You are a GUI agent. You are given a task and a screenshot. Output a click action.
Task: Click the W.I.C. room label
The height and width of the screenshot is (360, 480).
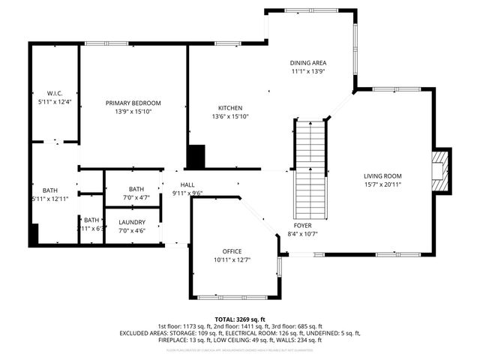tap(54, 92)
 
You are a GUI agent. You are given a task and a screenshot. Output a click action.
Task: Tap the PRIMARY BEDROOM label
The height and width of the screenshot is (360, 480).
tap(133, 103)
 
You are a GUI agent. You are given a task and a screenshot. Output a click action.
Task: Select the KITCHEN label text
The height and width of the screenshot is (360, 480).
tap(229, 107)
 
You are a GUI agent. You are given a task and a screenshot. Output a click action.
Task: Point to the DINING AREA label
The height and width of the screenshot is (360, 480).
tap(308, 63)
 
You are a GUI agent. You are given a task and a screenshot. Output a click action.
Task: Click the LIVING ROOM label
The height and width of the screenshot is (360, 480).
tap(382, 176)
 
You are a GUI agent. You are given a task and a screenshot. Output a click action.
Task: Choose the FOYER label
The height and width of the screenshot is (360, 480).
tap(303, 225)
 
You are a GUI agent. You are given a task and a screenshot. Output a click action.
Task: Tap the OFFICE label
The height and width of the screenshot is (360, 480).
tap(232, 250)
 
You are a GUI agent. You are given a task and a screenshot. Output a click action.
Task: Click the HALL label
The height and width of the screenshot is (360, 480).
tap(187, 184)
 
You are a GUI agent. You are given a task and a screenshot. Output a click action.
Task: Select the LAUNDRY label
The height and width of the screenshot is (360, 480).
tap(131, 222)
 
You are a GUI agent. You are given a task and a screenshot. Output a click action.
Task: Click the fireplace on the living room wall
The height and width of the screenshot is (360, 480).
tap(440, 170)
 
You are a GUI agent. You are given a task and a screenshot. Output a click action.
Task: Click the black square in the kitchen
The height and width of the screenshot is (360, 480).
tap(196, 157)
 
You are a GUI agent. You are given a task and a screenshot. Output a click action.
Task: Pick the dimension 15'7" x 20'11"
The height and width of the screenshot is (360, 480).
tap(382, 184)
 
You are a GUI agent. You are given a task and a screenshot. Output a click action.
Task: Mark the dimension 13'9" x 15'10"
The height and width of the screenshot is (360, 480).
tap(133, 112)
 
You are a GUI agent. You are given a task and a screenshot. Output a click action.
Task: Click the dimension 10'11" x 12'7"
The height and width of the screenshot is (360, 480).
tap(232, 259)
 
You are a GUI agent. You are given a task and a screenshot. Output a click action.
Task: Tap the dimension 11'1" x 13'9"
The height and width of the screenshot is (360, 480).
tap(308, 72)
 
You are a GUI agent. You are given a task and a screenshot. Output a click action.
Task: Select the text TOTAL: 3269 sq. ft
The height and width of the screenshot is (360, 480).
tap(240, 319)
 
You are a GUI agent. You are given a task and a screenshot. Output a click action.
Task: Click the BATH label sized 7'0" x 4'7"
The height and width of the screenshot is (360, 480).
tap(136, 189)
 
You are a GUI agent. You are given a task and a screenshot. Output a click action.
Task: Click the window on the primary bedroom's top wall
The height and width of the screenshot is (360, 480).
tap(94, 43)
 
